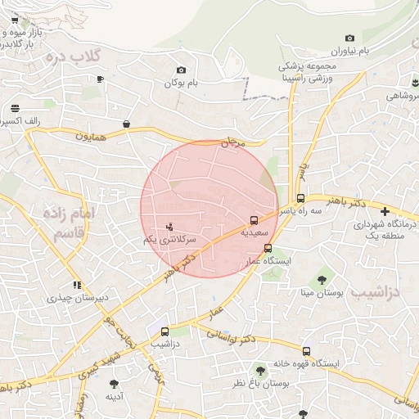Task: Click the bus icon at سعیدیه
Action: click(254, 220)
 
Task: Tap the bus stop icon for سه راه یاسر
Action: click(300, 198)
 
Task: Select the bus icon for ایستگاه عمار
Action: click(268, 248)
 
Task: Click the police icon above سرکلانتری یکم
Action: click(169, 226)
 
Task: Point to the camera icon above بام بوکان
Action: click(181, 70)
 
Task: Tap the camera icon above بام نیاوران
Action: click(349, 38)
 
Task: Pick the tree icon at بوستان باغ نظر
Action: click(260, 369)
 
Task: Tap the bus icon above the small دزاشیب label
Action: click(166, 331)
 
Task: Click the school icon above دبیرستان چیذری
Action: click(76, 286)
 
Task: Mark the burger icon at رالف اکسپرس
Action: click(15, 109)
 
